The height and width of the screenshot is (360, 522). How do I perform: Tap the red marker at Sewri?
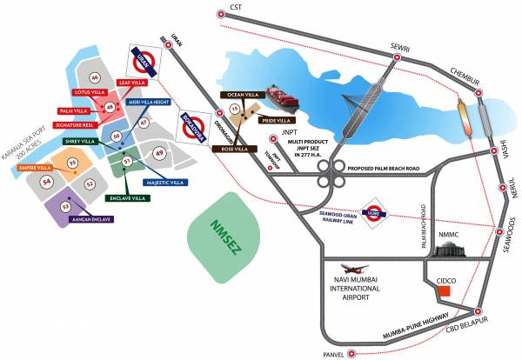397,57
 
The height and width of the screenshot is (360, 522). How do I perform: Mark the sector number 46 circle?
94,79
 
